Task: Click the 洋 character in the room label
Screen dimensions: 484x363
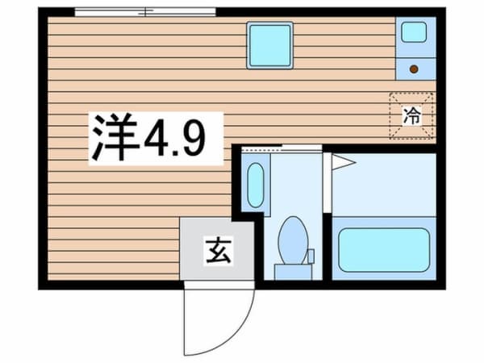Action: click(115, 137)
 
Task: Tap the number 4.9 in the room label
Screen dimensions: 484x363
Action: click(175, 138)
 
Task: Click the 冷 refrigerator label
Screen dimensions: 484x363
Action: click(412, 115)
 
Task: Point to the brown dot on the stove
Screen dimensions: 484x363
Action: click(414, 69)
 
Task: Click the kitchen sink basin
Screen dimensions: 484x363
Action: click(414, 32)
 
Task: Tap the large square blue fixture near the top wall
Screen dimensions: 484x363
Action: click(269, 45)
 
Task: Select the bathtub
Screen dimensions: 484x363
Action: click(384, 250)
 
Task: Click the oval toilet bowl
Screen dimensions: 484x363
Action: click(293, 240)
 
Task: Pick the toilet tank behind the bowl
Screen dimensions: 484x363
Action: click(293, 273)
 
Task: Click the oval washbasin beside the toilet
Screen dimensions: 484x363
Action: click(256, 186)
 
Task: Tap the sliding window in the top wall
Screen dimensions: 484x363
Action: click(145, 12)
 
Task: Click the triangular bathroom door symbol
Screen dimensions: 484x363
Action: click(344, 162)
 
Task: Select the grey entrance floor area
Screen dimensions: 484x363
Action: click(217, 248)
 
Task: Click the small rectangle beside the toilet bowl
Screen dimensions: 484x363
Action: click(311, 256)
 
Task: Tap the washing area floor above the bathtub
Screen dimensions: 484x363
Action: click(384, 185)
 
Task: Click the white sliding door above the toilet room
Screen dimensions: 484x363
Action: click(302, 148)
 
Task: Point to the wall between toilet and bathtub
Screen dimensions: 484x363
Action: click(328, 247)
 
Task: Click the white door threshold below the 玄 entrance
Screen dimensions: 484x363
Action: click(219, 285)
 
